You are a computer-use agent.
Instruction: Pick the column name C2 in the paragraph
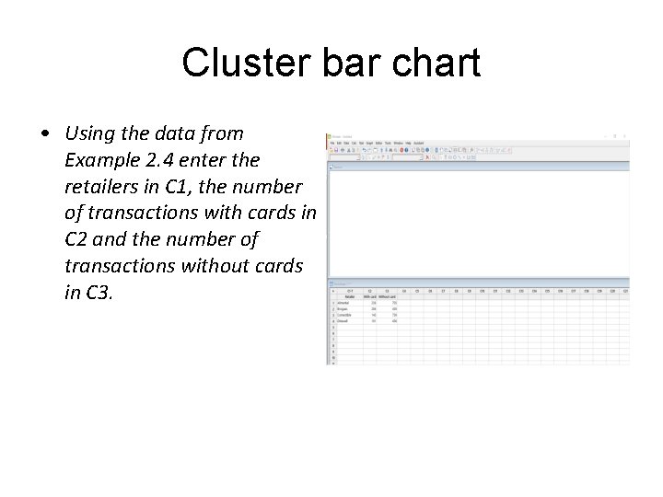(x=78, y=239)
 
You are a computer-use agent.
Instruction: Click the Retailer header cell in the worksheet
(x=350, y=296)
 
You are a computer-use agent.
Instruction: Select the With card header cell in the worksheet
(x=369, y=296)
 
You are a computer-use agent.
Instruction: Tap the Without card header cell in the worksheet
(x=388, y=296)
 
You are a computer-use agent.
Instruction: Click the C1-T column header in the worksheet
(x=350, y=291)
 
